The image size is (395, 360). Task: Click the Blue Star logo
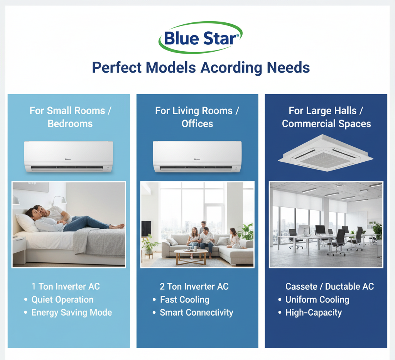click(200, 37)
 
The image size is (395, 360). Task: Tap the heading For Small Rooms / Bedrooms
click(70, 117)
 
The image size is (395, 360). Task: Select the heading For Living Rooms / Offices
click(197, 117)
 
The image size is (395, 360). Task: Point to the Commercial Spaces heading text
click(326, 124)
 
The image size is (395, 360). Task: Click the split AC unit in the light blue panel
click(69, 156)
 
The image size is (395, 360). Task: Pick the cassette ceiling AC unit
click(325, 153)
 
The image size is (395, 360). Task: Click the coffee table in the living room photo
click(191, 256)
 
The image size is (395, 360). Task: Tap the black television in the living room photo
click(146, 228)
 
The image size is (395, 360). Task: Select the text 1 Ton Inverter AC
click(66, 286)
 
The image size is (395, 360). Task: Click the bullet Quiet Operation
click(62, 299)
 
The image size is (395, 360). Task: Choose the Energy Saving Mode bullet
click(71, 313)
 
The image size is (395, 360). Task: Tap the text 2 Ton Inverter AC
click(194, 286)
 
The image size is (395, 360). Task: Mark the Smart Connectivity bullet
click(196, 313)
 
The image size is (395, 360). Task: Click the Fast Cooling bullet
click(185, 299)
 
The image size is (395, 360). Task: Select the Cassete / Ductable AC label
click(329, 286)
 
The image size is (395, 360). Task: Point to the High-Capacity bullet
click(314, 313)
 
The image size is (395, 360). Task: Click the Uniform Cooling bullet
click(317, 299)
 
